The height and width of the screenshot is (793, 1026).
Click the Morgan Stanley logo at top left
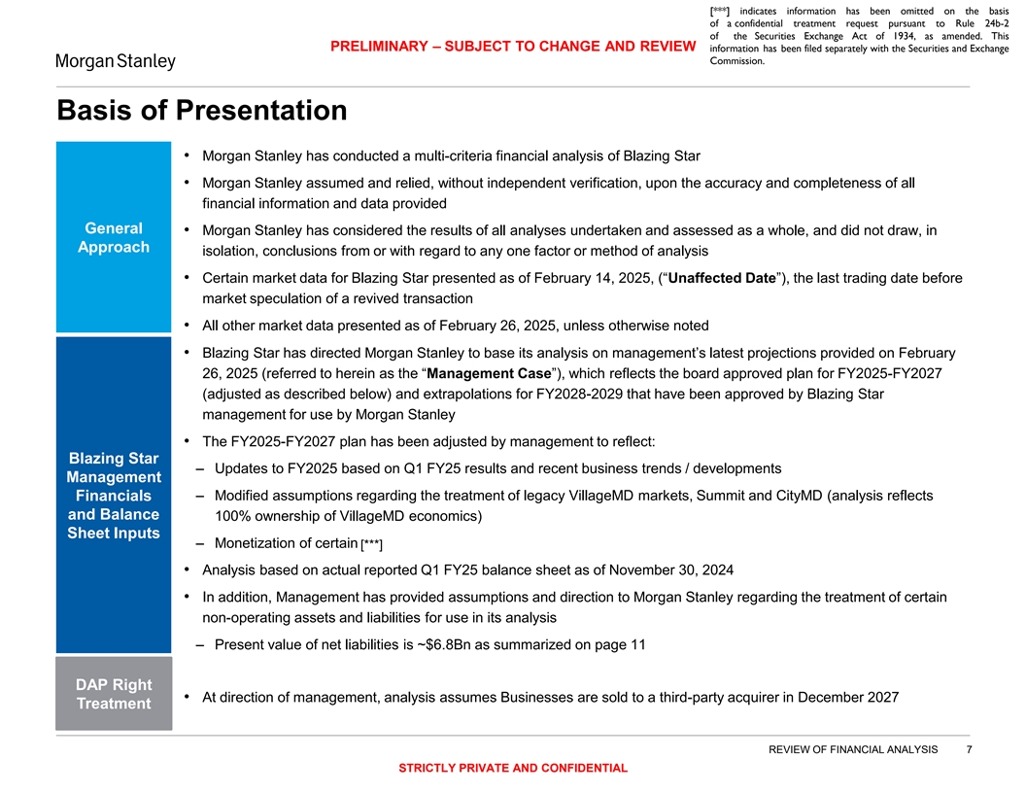pyautogui.click(x=115, y=62)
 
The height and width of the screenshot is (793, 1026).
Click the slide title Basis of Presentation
pyautogui.click(x=202, y=110)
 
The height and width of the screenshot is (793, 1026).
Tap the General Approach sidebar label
pyautogui.click(x=113, y=238)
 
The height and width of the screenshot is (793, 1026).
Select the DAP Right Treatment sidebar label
pyautogui.click(x=113, y=694)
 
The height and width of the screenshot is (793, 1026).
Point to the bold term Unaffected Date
pyautogui.click(x=722, y=279)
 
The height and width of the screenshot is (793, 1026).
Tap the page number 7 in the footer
pyautogui.click(x=969, y=748)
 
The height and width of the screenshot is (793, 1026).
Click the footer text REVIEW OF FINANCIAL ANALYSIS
pyautogui.click(x=853, y=748)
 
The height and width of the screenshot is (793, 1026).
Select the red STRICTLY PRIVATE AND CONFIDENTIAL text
pyautogui.click(x=513, y=769)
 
